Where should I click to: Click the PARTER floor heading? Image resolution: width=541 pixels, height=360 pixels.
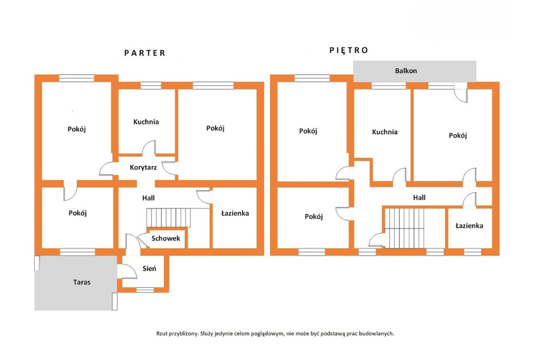coord(145,53)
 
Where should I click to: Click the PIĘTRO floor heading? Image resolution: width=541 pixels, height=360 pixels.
coord(349,50)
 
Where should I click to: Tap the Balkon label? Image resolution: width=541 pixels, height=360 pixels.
coord(406,71)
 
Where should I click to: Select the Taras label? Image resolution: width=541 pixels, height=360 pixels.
coord(82,282)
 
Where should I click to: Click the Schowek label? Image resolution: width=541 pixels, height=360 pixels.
coord(165,238)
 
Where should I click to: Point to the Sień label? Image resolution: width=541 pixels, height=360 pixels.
coord(150,268)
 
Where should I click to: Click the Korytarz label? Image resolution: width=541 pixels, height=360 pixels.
coord(143,167)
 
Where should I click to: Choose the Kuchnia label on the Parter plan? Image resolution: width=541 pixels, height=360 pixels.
coord(146,122)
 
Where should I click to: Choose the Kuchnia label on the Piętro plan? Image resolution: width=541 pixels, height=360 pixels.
coord(385,132)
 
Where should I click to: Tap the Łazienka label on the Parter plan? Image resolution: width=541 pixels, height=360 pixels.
coord(235,213)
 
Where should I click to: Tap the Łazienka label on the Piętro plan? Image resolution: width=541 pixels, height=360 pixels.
coord(469,225)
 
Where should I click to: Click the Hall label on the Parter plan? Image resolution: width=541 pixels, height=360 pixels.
coord(148,198)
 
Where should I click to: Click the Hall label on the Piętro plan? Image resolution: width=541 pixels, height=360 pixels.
coord(419,197)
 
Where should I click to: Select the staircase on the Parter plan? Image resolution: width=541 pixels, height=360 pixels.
coord(169,217)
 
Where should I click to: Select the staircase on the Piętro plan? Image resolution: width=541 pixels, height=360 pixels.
coord(404,228)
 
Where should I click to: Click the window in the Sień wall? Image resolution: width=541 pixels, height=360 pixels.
coord(145,290)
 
